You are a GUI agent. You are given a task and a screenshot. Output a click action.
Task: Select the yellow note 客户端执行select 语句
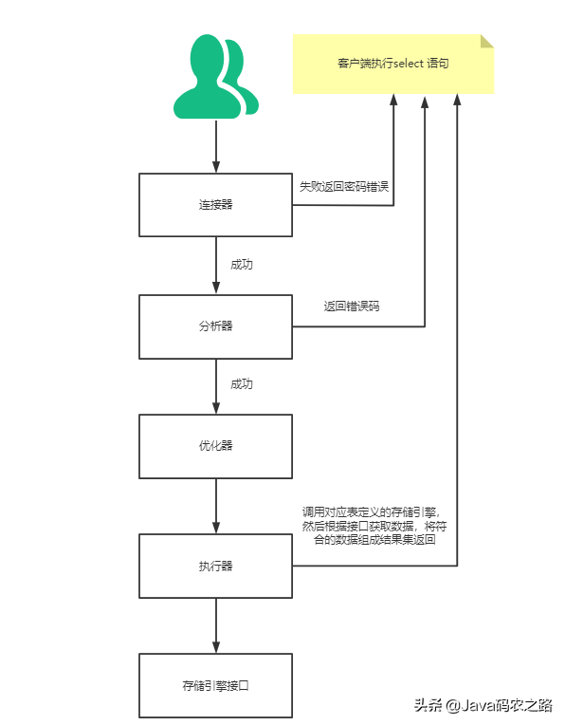(x=392, y=64)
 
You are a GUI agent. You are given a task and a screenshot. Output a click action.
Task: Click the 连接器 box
(x=215, y=205)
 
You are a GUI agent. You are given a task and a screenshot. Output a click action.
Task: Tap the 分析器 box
(x=215, y=325)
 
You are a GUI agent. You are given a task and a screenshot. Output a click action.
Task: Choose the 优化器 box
(x=215, y=445)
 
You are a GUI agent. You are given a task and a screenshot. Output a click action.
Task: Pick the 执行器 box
(x=215, y=567)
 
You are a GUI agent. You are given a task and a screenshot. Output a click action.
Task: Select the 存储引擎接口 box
(x=215, y=684)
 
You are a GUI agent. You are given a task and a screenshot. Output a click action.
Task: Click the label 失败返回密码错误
(x=343, y=186)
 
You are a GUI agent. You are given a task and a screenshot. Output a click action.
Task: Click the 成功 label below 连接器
(x=242, y=265)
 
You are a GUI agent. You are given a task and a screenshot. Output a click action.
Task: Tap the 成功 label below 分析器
(x=242, y=384)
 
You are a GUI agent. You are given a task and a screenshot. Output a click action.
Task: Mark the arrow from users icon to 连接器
(x=216, y=147)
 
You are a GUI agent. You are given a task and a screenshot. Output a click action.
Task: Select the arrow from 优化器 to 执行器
(x=216, y=507)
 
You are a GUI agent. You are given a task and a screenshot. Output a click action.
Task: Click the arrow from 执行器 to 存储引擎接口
(x=216, y=626)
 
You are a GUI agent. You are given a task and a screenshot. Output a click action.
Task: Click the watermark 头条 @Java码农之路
(x=483, y=705)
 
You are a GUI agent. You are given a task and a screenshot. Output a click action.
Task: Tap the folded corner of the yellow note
(x=487, y=40)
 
